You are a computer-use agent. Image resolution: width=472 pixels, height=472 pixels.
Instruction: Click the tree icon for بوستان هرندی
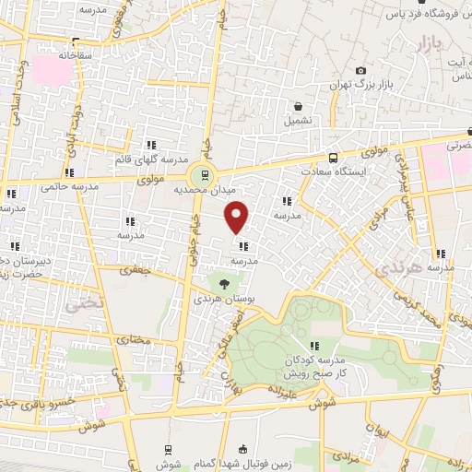221,284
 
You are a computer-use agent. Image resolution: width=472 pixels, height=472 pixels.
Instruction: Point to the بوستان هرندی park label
220,300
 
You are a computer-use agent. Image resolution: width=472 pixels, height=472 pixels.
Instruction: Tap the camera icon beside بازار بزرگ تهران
360,71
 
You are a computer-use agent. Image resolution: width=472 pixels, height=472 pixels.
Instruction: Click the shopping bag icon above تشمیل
298,105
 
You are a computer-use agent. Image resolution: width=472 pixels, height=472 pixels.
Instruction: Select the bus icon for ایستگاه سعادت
333,158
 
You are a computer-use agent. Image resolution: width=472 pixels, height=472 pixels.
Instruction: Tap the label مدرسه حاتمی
71,187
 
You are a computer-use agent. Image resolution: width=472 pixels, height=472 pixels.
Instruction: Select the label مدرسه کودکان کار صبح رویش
339,366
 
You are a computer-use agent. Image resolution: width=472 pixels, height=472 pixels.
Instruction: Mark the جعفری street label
140,270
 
